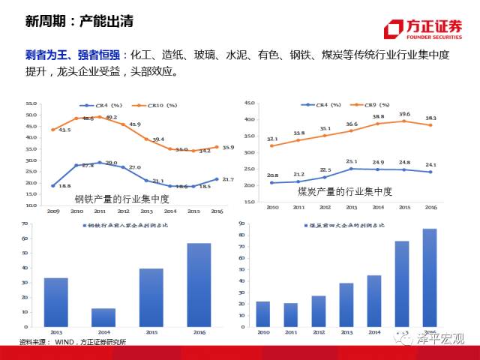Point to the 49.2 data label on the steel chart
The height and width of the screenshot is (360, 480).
(111, 118)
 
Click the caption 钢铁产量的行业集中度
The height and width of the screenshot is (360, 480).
(121, 199)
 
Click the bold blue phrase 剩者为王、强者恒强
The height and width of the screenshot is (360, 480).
(71, 55)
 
